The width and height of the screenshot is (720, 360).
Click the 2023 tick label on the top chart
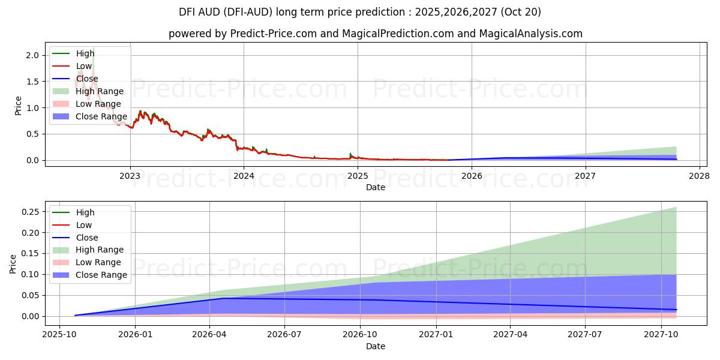(x=130, y=176)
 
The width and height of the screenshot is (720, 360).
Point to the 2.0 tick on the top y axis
(x=32, y=55)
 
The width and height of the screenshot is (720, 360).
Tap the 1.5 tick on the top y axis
(x=32, y=82)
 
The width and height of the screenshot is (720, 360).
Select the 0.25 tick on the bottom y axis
(x=28, y=212)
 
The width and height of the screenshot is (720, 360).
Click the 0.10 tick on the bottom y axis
(x=28, y=275)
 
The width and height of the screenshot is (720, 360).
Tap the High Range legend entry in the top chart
(x=99, y=91)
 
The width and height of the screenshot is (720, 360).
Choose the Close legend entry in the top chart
(x=86, y=79)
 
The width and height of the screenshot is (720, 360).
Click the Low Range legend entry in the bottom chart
(x=98, y=262)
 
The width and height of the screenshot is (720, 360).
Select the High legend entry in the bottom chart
(x=85, y=212)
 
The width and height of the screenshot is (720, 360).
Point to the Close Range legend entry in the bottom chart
(x=101, y=275)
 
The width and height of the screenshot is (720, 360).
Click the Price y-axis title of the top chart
(x=18, y=106)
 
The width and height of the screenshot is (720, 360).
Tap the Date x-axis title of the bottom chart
(x=376, y=346)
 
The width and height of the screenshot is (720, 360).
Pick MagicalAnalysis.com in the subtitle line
(x=530, y=34)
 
